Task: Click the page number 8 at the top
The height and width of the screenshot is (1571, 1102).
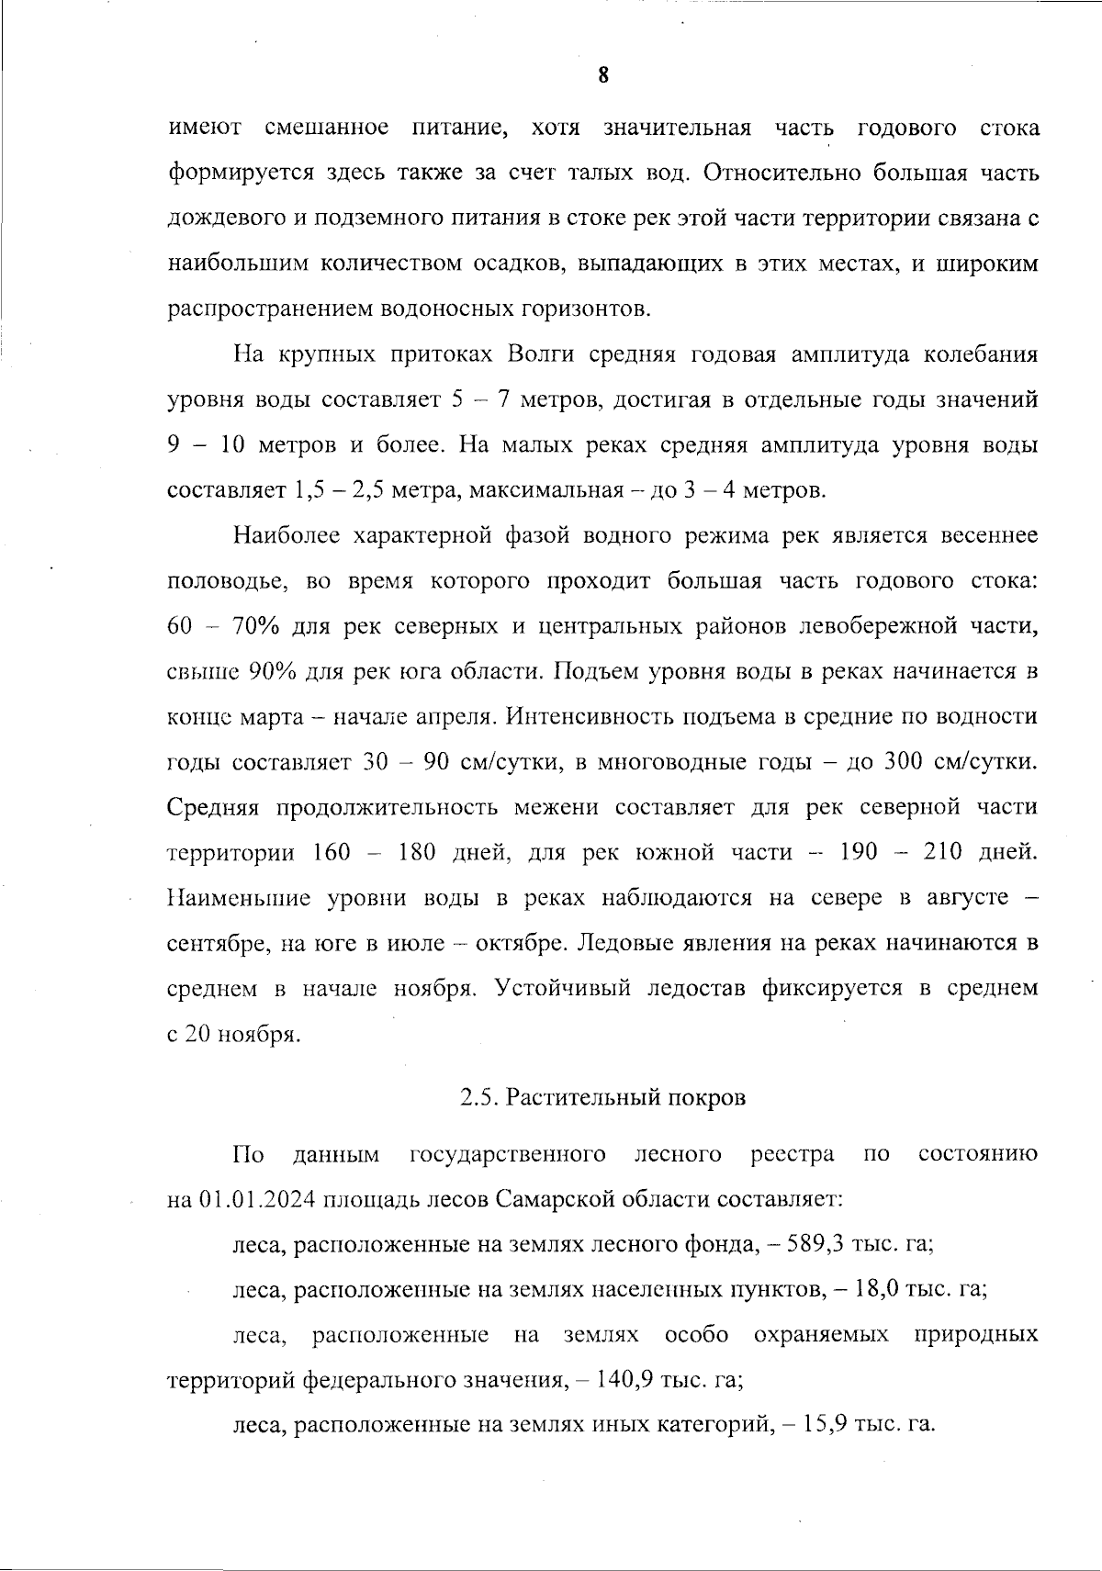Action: point(602,75)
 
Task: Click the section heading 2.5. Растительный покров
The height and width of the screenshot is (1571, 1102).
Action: point(602,1097)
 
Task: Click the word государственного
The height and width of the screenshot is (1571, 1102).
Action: point(507,1154)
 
